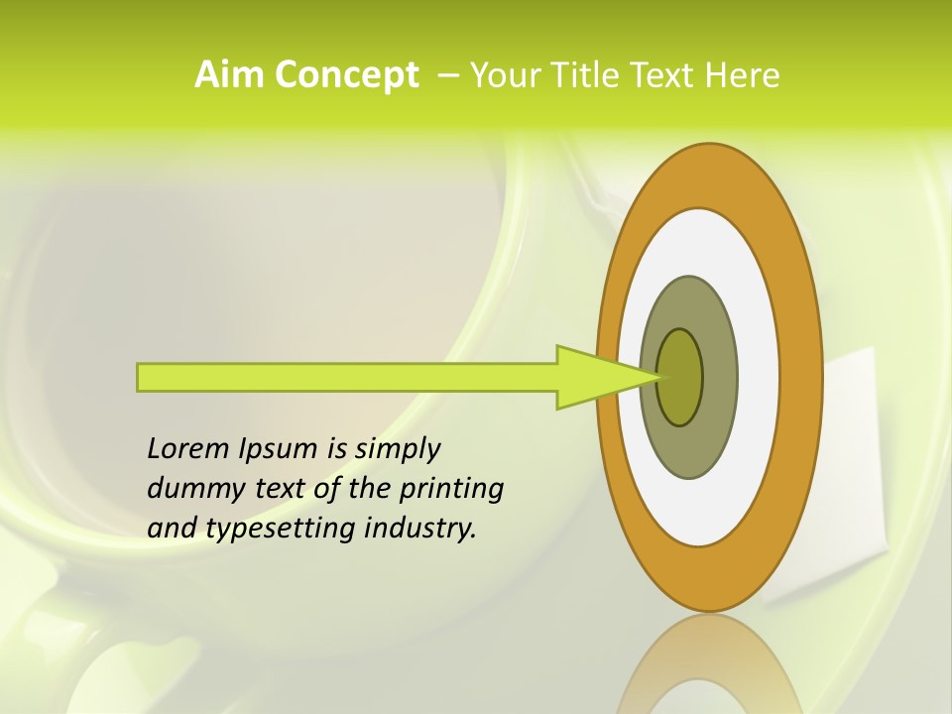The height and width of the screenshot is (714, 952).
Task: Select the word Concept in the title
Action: point(345,75)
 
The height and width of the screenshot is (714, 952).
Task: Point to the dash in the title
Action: point(447,75)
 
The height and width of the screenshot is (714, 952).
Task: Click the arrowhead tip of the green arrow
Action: point(657,377)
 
